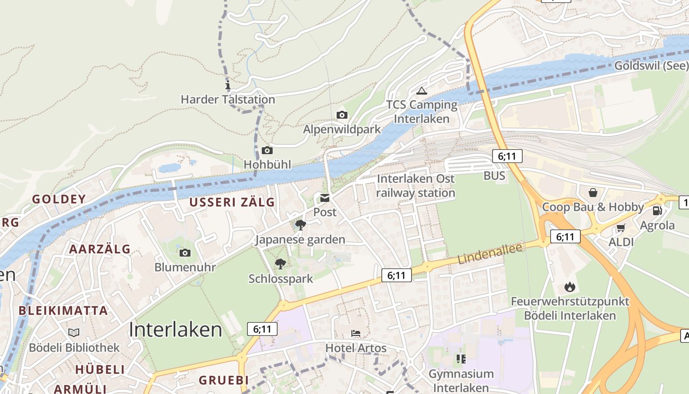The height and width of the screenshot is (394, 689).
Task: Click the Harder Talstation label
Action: [227, 99]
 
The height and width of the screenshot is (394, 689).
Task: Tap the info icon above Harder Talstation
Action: [227, 86]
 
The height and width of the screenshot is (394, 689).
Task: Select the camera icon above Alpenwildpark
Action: [342, 115]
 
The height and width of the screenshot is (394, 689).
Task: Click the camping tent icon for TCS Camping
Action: [421, 91]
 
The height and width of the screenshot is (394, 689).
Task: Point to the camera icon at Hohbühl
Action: [267, 150]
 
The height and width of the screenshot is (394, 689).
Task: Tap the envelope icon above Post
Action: [325, 198]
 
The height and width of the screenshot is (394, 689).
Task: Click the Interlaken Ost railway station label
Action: [416, 186]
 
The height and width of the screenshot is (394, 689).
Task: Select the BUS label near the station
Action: [494, 176]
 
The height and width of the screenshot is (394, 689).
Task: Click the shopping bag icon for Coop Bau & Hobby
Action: [593, 192]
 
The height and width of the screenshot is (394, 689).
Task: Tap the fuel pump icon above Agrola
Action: [657, 211]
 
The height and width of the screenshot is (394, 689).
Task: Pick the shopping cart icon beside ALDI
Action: [621, 228]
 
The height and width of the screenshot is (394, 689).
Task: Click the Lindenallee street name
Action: [490, 253]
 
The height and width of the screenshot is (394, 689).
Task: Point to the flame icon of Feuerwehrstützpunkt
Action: [570, 287]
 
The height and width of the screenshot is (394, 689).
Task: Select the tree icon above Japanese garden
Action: [300, 225]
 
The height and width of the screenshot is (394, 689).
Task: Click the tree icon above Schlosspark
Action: [280, 263]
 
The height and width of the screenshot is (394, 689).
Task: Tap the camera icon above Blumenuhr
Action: [185, 253]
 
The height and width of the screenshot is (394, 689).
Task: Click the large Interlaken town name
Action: [175, 329]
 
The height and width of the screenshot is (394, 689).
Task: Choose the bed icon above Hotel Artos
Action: [356, 333]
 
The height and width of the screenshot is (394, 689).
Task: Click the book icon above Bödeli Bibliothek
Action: [74, 332]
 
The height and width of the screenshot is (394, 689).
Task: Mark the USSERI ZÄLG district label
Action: [232, 202]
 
